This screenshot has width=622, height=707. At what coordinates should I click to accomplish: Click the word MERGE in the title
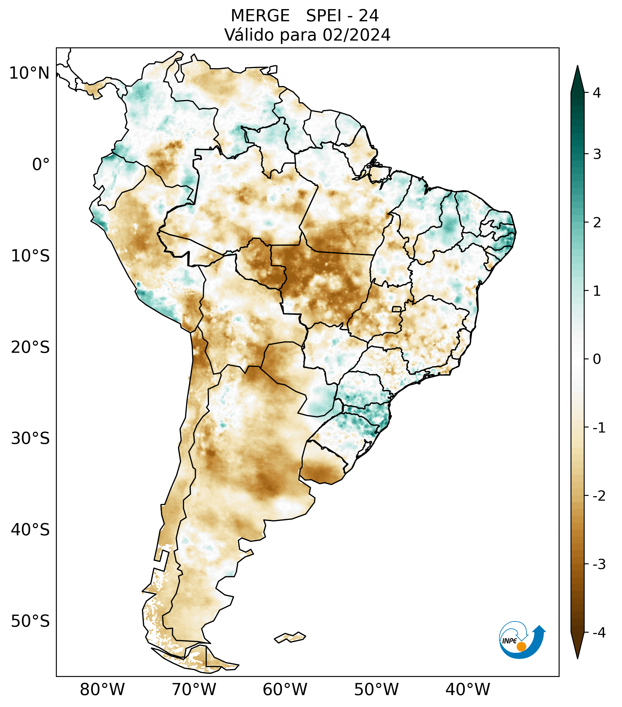[x=260, y=16]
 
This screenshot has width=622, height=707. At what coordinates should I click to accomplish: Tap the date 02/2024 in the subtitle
[x=356, y=35]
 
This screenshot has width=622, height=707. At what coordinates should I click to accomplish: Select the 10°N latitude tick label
[x=30, y=73]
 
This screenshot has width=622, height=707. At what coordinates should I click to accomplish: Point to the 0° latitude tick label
[x=41, y=165]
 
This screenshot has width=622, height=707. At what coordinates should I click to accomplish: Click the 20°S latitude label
[x=30, y=347]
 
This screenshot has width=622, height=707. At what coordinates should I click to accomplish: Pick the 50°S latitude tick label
[x=30, y=621]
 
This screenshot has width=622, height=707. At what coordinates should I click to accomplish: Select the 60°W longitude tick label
[x=285, y=689]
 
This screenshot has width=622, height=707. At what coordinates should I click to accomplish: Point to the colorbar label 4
[x=597, y=93]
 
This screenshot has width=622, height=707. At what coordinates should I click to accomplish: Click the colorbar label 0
[x=597, y=359]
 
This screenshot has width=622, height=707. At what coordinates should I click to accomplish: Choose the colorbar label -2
[x=599, y=496]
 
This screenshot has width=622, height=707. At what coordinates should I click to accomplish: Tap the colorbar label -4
[x=599, y=633]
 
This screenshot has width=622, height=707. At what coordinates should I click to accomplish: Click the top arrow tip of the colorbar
[x=577, y=67]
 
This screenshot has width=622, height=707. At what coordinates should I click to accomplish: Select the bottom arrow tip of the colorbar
[x=577, y=658]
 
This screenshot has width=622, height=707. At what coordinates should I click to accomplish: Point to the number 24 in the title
[x=368, y=16]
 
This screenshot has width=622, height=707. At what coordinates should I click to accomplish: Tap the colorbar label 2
[x=597, y=223]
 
